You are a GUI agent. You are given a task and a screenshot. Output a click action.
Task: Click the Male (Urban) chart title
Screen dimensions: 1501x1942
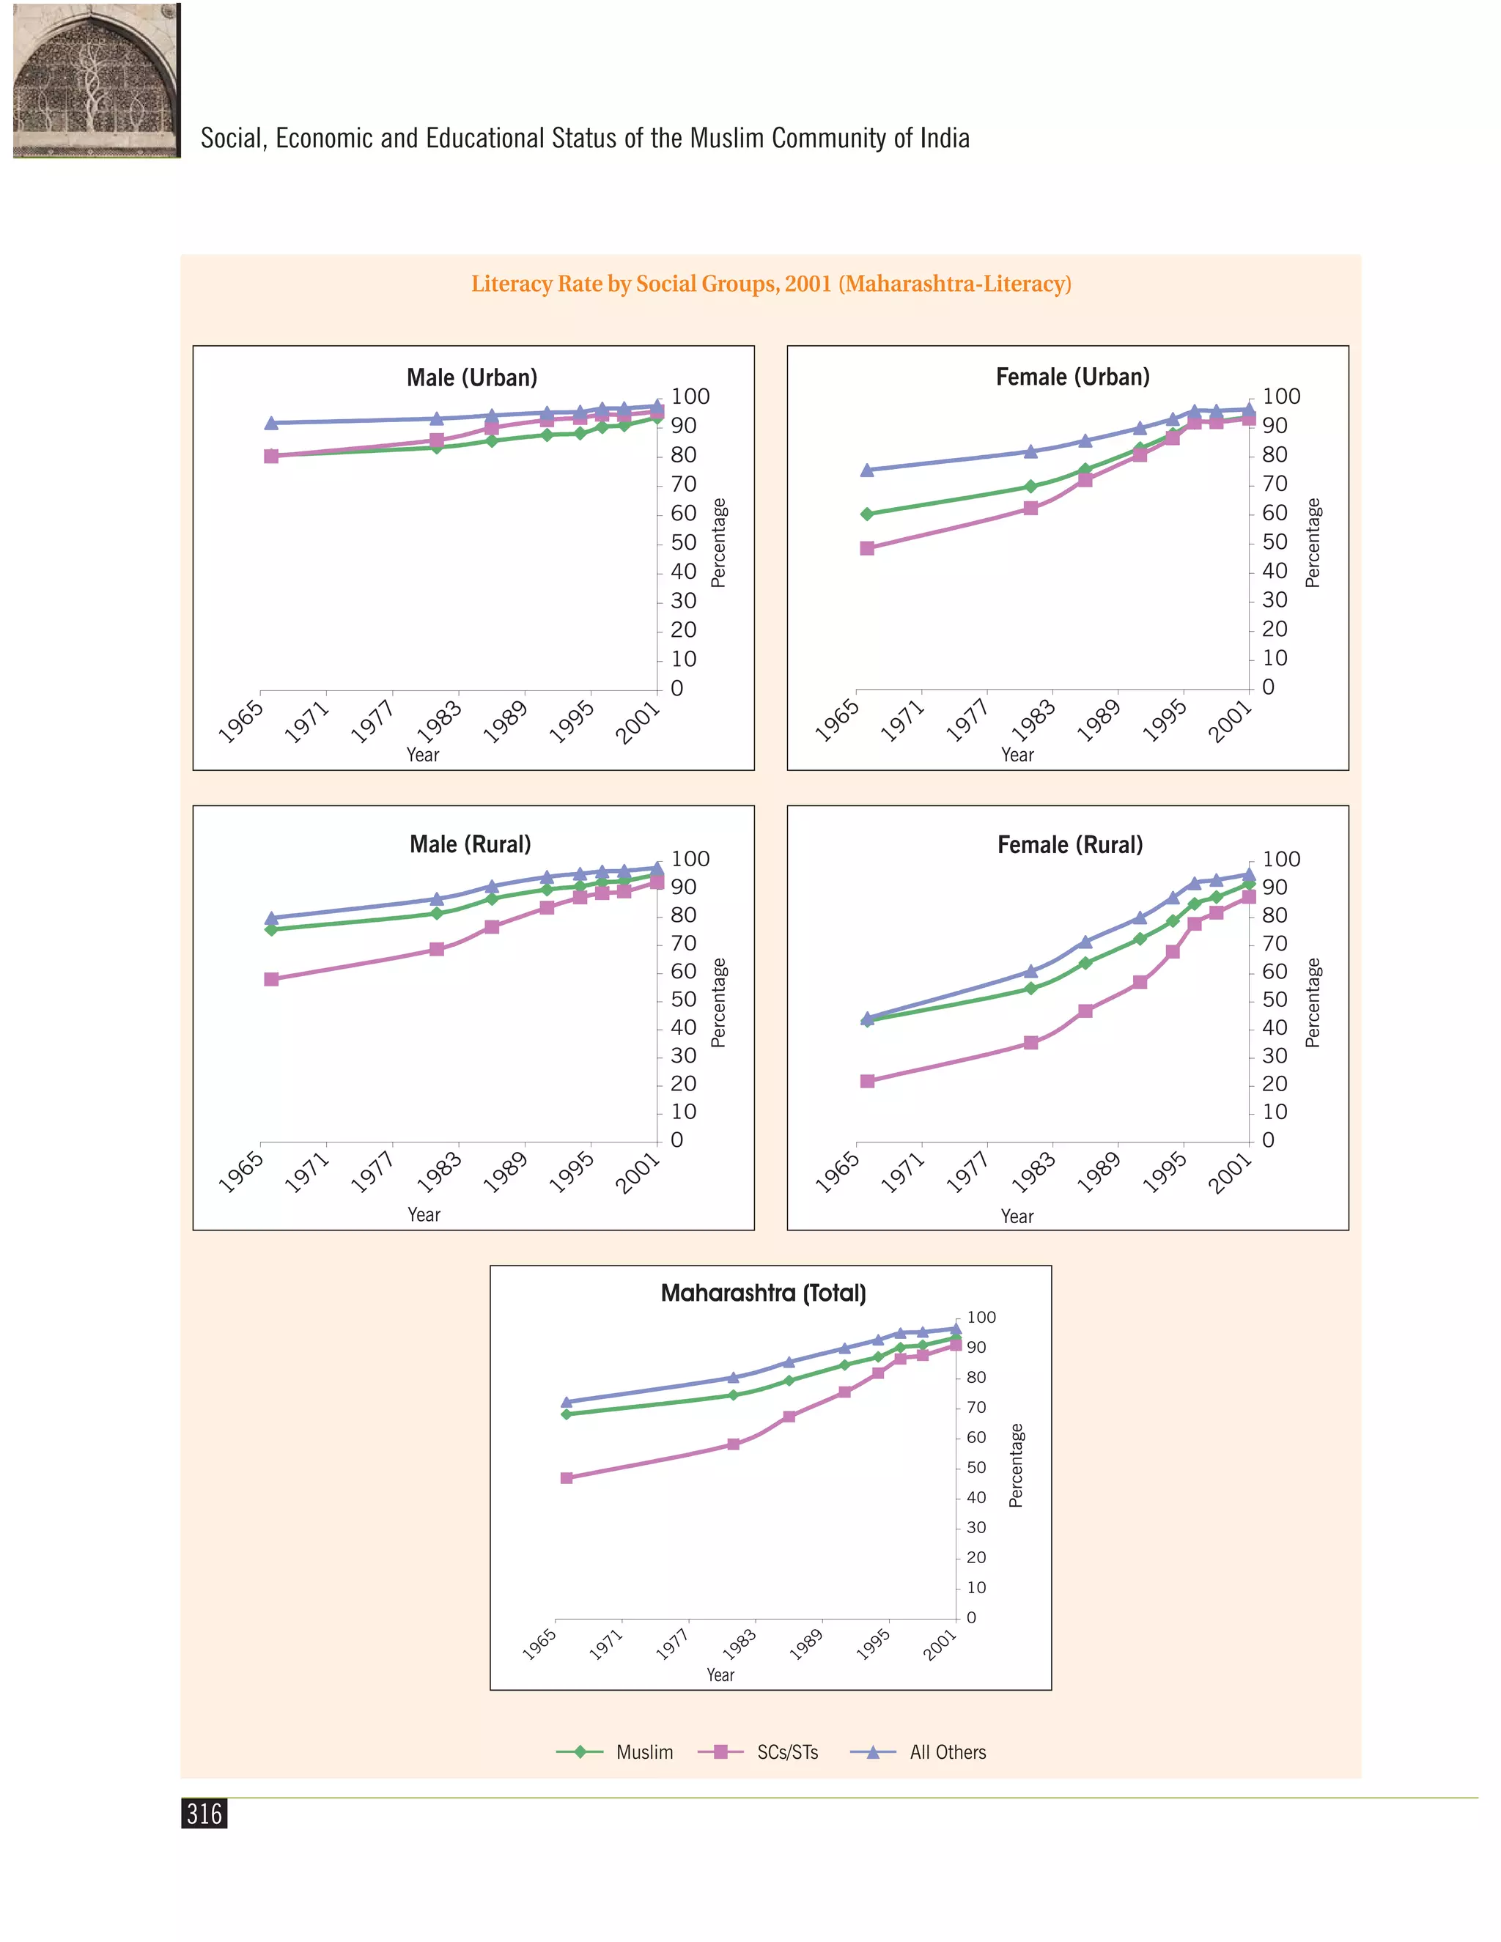(x=472, y=378)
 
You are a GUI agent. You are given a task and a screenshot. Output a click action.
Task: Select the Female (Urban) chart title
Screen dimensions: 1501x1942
(x=1072, y=377)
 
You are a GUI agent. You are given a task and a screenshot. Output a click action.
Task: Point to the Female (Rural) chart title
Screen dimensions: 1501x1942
(x=1070, y=845)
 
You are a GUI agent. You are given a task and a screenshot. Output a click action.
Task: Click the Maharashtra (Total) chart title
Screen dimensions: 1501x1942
(x=763, y=1293)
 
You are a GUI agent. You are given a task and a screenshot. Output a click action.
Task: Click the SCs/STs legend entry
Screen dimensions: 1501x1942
(x=758, y=1751)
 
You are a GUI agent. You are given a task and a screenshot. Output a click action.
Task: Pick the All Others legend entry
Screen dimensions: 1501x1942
(x=918, y=1751)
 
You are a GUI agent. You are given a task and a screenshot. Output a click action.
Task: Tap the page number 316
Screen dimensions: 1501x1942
(x=204, y=1813)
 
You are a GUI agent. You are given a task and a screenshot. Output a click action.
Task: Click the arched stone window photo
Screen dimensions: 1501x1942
(x=97, y=80)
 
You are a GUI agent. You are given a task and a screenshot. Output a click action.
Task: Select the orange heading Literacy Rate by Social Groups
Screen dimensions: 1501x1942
(x=771, y=284)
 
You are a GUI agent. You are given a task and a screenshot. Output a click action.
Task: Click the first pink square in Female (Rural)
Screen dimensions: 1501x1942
(x=867, y=1081)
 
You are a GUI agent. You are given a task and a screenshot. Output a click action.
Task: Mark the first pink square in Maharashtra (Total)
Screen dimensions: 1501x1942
(x=567, y=1478)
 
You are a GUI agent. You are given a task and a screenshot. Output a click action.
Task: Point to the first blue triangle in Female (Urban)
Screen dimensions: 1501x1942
(x=867, y=470)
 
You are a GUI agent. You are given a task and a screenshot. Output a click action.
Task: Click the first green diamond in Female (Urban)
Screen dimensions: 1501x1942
(x=867, y=514)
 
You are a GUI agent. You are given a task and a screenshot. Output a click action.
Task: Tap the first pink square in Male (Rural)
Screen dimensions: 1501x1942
(x=271, y=979)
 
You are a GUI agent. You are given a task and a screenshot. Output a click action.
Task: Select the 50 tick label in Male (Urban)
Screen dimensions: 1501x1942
(x=683, y=542)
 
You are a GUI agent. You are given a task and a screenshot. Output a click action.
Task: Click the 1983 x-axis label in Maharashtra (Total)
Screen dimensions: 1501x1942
(x=739, y=1644)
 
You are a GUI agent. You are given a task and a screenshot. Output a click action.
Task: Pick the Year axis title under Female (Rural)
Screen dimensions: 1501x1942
(x=1017, y=1216)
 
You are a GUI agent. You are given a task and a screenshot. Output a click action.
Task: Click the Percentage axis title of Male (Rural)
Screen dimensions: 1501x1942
(x=718, y=1003)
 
